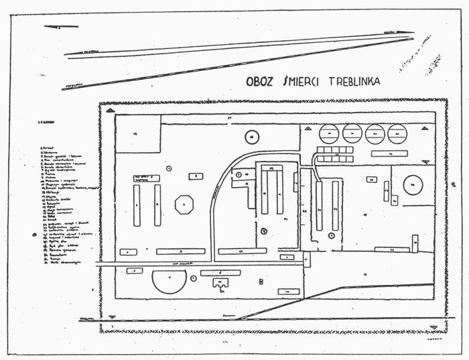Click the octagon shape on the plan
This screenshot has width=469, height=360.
184,204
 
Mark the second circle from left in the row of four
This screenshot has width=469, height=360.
352,135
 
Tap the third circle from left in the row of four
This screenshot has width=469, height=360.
375,135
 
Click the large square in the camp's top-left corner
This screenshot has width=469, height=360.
138,133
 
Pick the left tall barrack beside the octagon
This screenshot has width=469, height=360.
136,205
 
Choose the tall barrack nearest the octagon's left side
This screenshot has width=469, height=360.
157,205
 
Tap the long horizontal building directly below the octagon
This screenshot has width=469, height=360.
180,251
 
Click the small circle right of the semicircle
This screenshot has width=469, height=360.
194,277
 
